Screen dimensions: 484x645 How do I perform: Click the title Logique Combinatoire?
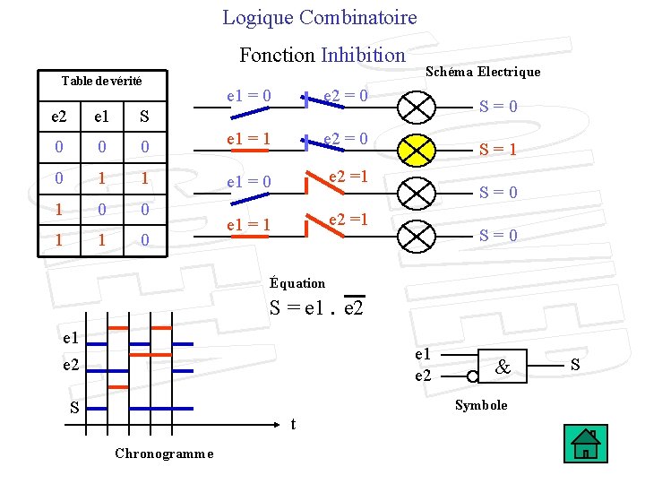pyautogui.click(x=320, y=17)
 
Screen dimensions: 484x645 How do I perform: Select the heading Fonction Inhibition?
pyautogui.click(x=322, y=55)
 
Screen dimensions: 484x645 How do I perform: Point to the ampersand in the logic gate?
pyautogui.click(x=503, y=367)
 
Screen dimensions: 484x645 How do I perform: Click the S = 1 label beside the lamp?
pyautogui.click(x=497, y=150)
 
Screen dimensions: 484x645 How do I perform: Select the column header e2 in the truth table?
pyautogui.click(x=58, y=116)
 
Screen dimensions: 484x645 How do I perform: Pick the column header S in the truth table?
pyautogui.click(x=145, y=116)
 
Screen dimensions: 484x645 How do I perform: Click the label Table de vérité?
pyautogui.click(x=101, y=81)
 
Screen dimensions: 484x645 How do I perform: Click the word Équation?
pyautogui.click(x=297, y=283)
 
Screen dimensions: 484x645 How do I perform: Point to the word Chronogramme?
pyautogui.click(x=164, y=454)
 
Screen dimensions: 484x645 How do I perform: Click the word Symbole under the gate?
pyautogui.click(x=481, y=405)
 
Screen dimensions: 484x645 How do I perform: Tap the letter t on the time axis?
pyautogui.click(x=295, y=424)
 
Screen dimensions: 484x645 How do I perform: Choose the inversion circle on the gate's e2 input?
pyautogui.click(x=472, y=376)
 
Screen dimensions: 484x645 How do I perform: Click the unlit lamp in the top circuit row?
pyautogui.click(x=416, y=107)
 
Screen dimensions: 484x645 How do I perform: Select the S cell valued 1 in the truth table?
pyautogui.click(x=145, y=179)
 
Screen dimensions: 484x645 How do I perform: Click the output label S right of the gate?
pyautogui.click(x=575, y=365)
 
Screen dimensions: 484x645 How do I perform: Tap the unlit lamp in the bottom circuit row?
pyautogui.click(x=416, y=235)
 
